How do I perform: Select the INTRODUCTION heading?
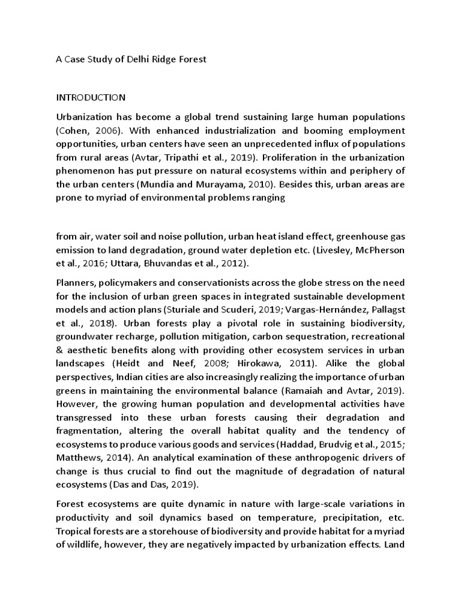pyautogui.click(x=91, y=97)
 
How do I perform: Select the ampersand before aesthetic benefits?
pyautogui.click(x=60, y=350)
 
